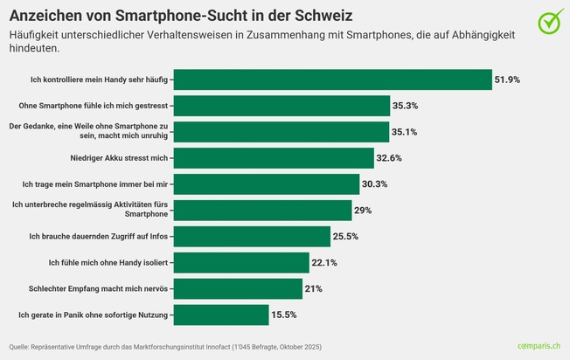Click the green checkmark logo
[550, 21]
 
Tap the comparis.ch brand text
[539, 347]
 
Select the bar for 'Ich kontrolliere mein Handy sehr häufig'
[333, 80]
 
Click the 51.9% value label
[507, 80]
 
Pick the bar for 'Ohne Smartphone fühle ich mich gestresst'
[282, 106]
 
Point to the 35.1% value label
[406, 132]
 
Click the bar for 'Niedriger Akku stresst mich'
[275, 158]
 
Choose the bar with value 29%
[263, 211]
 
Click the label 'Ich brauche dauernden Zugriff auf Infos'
[99, 237]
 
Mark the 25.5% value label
[345, 237]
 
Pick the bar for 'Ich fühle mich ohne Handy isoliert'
[242, 263]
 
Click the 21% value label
[314, 288]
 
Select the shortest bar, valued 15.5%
[222, 315]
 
